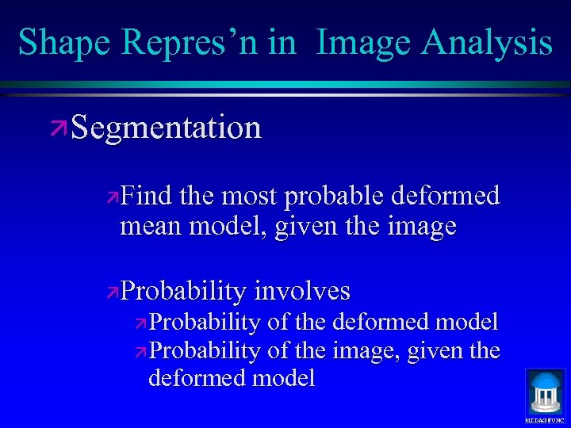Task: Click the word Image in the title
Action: coord(364,42)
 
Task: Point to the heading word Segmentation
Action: coord(166,127)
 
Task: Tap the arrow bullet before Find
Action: coord(113,197)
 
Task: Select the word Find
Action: coord(148,195)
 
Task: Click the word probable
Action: coord(334,195)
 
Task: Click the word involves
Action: coord(302,291)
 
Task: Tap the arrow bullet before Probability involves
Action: coord(113,292)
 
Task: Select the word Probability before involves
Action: coord(184,291)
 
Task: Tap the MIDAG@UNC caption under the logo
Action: coord(545,419)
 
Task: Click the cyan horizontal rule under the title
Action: coord(285,84)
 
